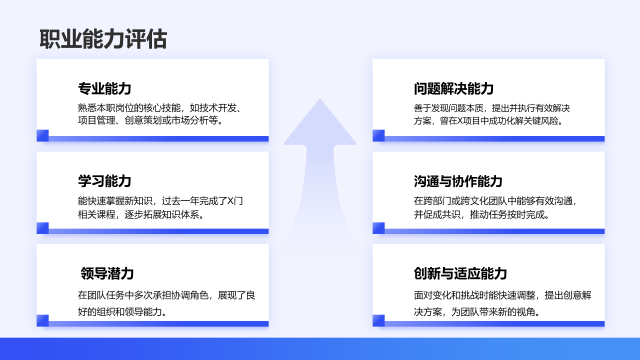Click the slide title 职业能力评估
coord(103,39)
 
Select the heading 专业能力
coord(104,88)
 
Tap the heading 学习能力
coord(104,181)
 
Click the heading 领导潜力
coord(107,273)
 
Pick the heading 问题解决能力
coord(453,88)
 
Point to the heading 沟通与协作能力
coord(458,181)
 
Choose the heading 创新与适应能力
coord(460,273)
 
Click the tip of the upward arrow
coord(320,98)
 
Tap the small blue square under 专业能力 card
coord(42,135)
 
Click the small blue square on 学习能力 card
coord(42,228)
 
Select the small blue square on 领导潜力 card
coord(42,320)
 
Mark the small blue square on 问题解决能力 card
coord(378,135)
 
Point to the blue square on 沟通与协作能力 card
coord(378,228)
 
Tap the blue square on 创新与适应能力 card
coord(378,320)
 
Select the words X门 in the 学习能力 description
coord(235,201)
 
